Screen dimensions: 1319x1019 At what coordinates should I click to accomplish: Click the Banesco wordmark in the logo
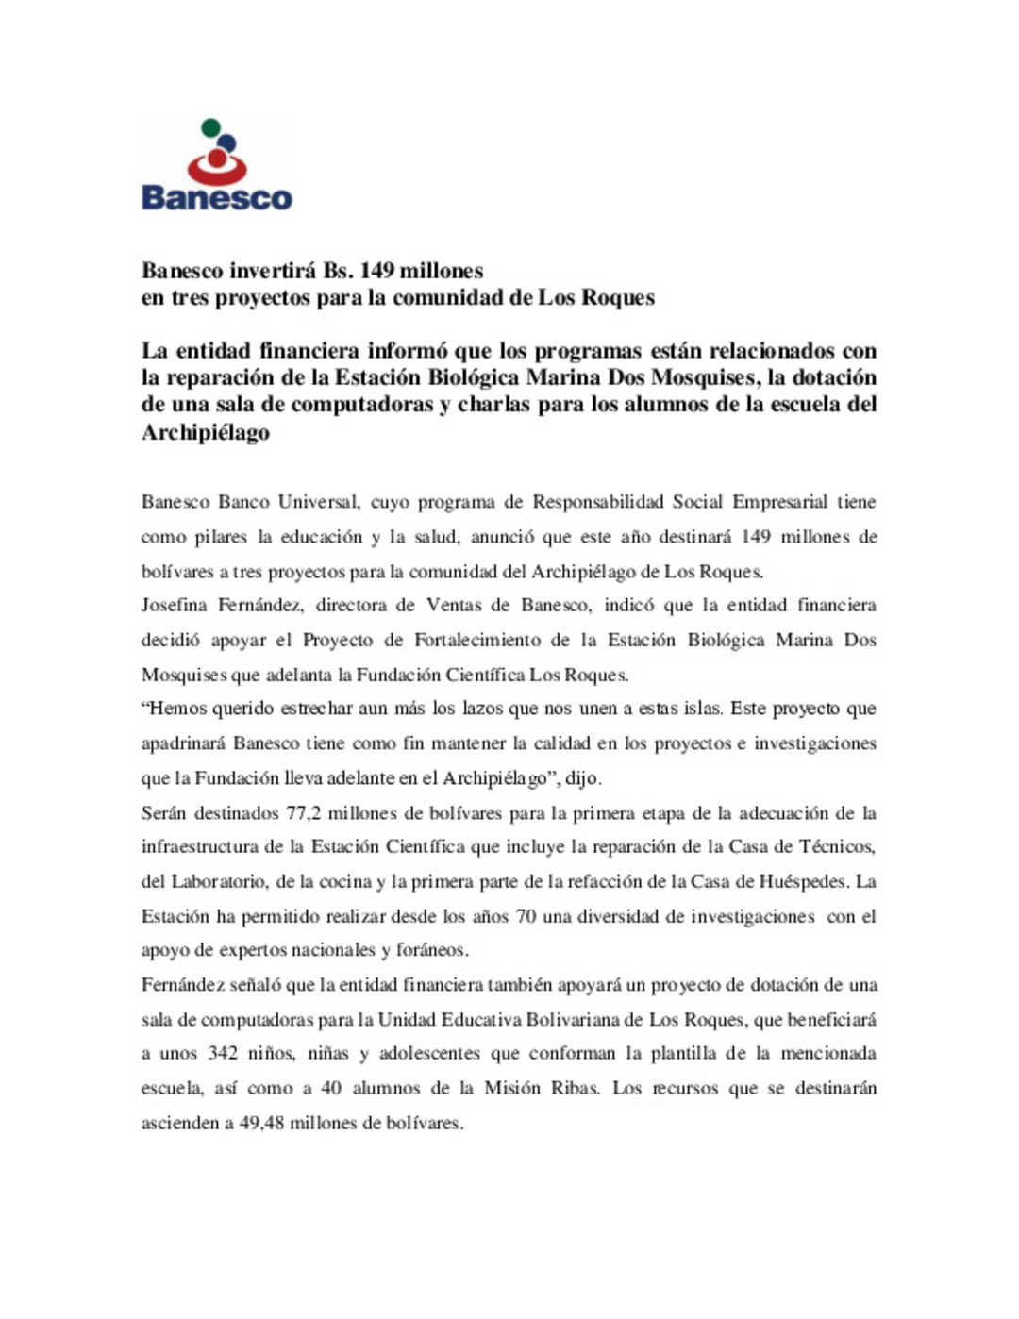pos(216,198)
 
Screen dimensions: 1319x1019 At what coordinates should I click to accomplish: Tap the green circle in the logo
pos(211,127)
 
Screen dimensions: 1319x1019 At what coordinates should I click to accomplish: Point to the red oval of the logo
pos(217,167)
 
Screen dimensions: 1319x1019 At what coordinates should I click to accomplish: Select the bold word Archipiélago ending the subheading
pos(206,433)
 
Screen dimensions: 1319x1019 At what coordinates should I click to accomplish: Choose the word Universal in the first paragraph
pos(319,502)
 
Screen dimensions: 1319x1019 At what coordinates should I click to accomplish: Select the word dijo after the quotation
pos(581,778)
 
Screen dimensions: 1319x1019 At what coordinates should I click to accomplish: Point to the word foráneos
pos(431,950)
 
